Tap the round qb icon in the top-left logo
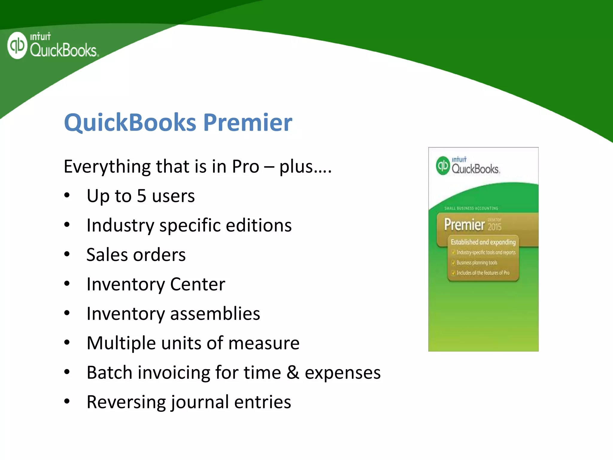point(17,46)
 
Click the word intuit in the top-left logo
point(40,37)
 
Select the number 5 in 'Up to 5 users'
point(142,196)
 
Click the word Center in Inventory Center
point(198,284)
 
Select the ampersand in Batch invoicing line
point(293,372)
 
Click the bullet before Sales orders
point(67,254)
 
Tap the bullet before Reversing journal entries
point(67,401)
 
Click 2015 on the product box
point(494,227)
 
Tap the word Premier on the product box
point(464,225)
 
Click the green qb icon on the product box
point(443,166)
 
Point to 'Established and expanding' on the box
point(483,242)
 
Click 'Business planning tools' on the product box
point(477,263)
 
